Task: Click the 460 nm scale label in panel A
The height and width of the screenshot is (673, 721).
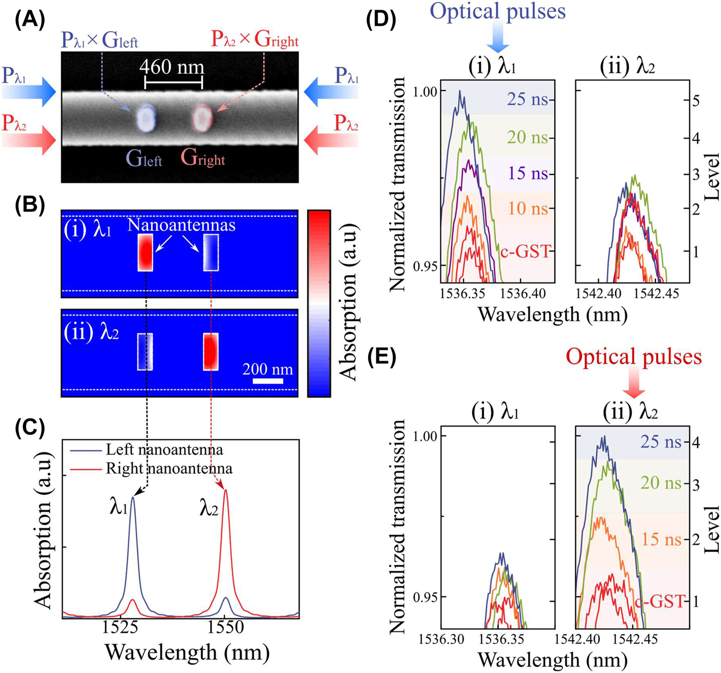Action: click(172, 67)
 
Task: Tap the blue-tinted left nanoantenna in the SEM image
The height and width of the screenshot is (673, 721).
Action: click(146, 118)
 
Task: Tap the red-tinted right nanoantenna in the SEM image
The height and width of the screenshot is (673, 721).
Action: click(204, 117)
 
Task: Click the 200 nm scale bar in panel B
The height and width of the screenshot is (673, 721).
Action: click(268, 381)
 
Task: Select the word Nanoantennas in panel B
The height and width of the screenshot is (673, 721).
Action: click(181, 225)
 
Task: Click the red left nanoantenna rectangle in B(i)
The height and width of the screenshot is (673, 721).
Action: click(146, 253)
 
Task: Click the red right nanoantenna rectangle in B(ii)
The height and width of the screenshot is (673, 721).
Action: click(211, 351)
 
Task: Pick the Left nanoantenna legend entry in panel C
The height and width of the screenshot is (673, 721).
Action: click(164, 450)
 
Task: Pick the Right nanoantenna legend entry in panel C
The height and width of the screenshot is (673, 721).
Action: click(169, 468)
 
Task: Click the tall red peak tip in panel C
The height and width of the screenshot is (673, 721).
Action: click(226, 490)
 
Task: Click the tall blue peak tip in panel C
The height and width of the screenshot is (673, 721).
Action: click(132, 498)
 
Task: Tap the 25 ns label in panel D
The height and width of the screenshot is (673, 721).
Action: click(527, 99)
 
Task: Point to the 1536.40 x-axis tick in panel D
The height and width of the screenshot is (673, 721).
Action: click(523, 293)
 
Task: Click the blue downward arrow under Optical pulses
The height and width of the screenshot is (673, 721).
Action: click(498, 39)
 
